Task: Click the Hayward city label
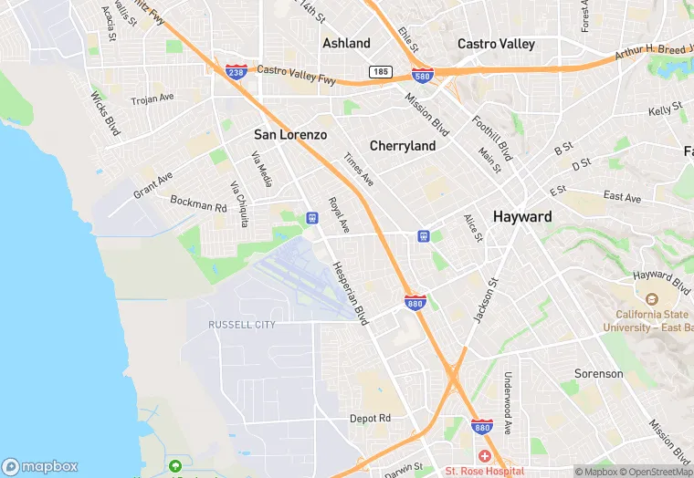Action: pyautogui.click(x=521, y=217)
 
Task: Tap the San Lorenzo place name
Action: pyautogui.click(x=289, y=135)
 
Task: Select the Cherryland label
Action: pyautogui.click(x=402, y=146)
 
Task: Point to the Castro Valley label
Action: pyautogui.click(x=496, y=44)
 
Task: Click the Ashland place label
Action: pyautogui.click(x=346, y=43)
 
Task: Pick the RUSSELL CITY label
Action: pyautogui.click(x=242, y=325)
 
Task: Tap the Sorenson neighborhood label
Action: pyautogui.click(x=598, y=373)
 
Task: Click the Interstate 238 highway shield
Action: pyautogui.click(x=236, y=70)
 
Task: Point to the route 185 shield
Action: pyautogui.click(x=381, y=71)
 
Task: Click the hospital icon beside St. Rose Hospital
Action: pyautogui.click(x=483, y=455)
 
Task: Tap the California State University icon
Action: pyautogui.click(x=651, y=299)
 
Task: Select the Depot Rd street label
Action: pyautogui.click(x=370, y=418)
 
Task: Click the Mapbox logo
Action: pyautogui.click(x=40, y=466)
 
